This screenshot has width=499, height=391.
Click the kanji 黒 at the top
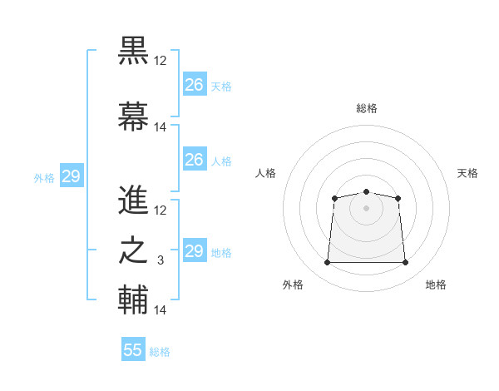tap(134, 52)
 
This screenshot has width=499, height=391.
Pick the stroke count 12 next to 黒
tap(161, 61)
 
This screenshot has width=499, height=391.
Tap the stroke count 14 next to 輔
tap(161, 310)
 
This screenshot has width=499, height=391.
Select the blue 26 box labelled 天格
tap(194, 85)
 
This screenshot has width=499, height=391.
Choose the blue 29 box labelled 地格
tap(194, 251)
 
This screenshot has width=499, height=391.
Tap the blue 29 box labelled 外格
tap(71, 176)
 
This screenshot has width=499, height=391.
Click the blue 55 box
tap(133, 350)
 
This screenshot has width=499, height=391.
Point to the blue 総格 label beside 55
tap(160, 352)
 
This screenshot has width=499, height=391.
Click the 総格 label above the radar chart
tap(366, 108)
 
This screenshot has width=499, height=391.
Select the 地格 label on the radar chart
tap(436, 285)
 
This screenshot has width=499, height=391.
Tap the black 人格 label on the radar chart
tap(266, 173)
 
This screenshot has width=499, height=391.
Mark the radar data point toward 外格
tap(327, 263)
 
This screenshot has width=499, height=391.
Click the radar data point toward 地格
tap(405, 263)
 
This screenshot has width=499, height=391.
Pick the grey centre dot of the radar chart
tap(366, 207)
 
